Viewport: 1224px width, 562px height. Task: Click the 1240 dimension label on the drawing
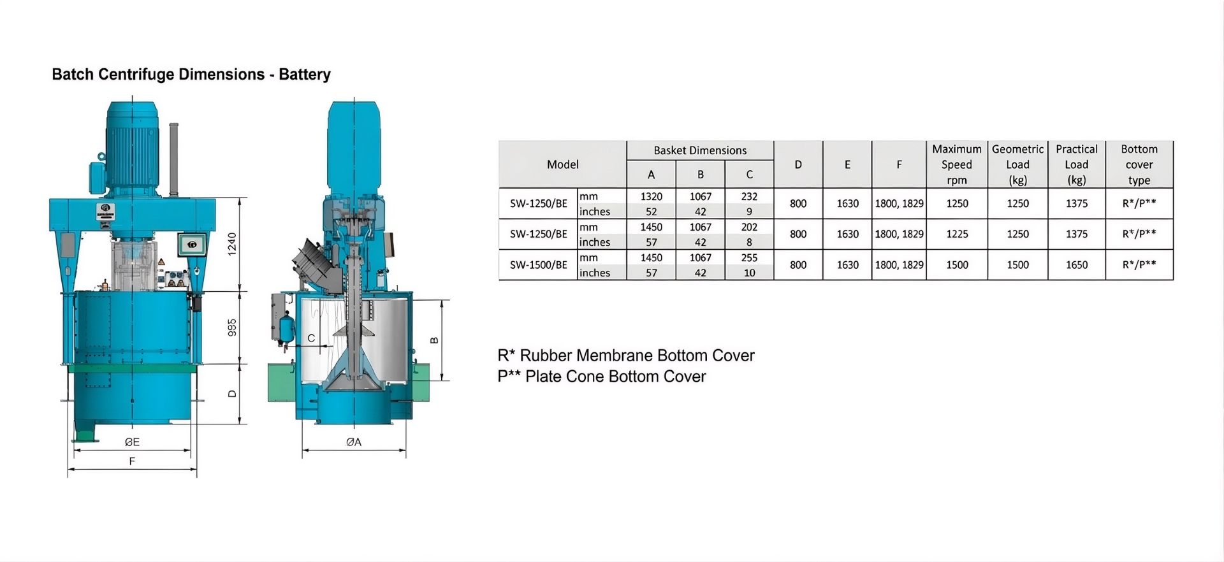(232, 244)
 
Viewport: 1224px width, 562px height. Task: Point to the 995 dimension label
(232, 328)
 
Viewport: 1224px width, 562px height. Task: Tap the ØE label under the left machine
(132, 442)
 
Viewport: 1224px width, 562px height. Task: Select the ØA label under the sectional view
(354, 442)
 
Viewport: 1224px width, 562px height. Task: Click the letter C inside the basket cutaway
(311, 338)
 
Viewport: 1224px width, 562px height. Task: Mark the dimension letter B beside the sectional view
(435, 340)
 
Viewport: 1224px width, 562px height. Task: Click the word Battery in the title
(305, 75)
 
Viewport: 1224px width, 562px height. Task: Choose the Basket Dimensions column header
(700, 150)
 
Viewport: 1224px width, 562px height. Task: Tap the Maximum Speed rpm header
(957, 164)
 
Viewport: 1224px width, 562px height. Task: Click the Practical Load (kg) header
(1077, 164)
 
